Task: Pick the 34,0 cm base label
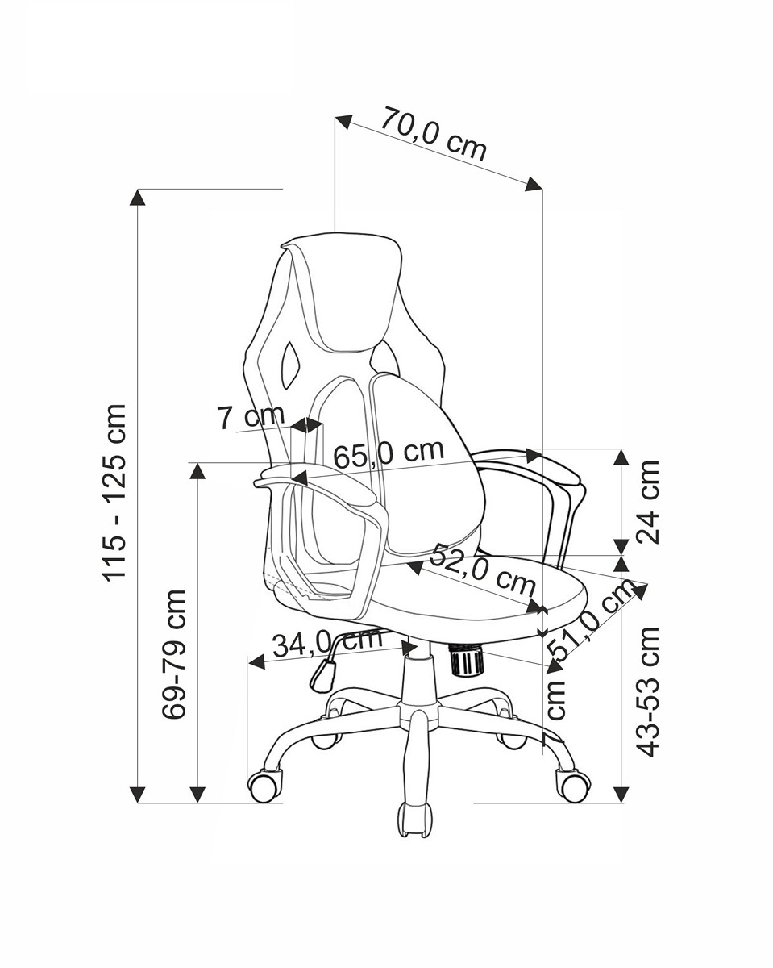point(327,643)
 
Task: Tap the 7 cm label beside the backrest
point(251,416)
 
